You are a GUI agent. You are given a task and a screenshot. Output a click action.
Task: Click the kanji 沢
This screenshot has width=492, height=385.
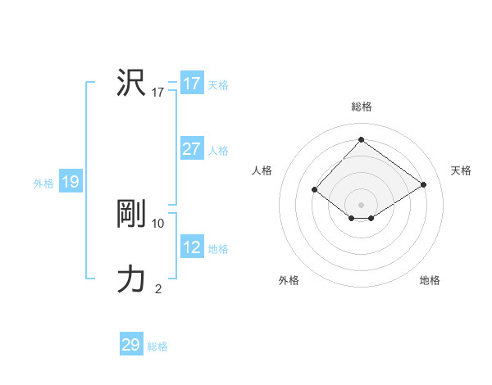click(x=131, y=83)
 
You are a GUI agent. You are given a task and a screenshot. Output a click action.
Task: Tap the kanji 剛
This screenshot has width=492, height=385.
click(x=131, y=214)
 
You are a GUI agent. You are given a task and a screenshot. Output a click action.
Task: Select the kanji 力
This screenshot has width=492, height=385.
click(x=131, y=279)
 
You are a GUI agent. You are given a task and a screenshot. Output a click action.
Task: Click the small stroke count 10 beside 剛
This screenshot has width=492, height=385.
click(x=158, y=223)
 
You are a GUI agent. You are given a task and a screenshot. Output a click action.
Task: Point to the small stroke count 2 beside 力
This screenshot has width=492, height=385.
click(x=158, y=288)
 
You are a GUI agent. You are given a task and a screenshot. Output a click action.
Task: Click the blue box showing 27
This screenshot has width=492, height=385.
click(x=191, y=149)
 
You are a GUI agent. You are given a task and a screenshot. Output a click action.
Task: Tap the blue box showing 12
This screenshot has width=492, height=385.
click(x=191, y=247)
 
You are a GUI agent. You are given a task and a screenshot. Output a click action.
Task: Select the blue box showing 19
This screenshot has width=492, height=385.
click(x=70, y=182)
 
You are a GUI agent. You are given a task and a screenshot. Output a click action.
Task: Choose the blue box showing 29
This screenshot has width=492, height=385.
click(x=130, y=345)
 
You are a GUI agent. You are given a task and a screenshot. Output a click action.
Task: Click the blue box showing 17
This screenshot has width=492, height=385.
click(x=191, y=84)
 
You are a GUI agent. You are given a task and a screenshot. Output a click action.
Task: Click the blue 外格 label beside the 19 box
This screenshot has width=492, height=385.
click(x=43, y=183)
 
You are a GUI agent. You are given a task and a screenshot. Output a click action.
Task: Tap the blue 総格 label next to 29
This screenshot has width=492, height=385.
click(x=157, y=346)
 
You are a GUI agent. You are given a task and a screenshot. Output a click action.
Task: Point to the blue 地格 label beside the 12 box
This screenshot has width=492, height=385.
click(x=218, y=249)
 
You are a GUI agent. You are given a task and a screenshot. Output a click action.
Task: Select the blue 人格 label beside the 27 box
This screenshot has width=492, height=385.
click(x=218, y=151)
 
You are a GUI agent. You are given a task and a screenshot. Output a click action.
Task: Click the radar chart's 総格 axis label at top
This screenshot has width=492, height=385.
click(x=362, y=106)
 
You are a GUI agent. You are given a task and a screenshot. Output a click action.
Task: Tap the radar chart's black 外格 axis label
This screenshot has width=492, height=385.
click(x=289, y=280)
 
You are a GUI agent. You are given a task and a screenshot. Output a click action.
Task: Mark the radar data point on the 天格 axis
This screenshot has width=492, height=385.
click(x=423, y=184)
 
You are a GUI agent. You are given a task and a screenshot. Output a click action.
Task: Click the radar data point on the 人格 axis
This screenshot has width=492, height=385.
click(x=314, y=190)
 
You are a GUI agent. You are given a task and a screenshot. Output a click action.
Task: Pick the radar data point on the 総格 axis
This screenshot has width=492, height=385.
click(x=361, y=138)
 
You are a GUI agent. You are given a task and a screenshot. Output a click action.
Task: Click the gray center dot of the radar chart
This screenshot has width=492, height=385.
click(x=361, y=204)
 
